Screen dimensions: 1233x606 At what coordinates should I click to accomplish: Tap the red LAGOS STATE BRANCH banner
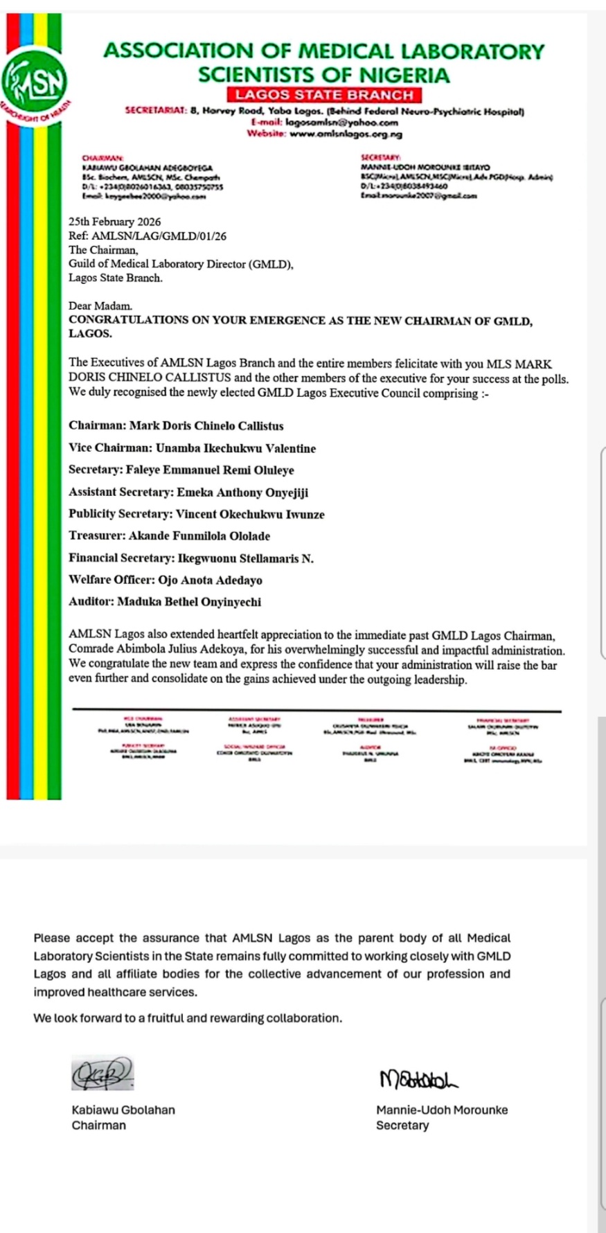pos(323,96)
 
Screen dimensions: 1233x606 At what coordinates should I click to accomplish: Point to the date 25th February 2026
pos(114,222)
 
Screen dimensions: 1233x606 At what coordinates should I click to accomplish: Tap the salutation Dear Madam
pos(100,305)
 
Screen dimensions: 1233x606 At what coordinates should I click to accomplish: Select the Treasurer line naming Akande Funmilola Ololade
pos(170,536)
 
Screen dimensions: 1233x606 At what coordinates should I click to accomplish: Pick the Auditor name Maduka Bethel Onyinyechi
pos(189,602)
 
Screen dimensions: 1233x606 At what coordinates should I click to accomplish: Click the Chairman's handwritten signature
pos(103,1074)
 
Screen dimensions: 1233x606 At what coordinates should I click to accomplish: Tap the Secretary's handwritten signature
pos(418,1078)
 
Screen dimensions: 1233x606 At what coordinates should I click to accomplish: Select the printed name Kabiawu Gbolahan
pos(123,1110)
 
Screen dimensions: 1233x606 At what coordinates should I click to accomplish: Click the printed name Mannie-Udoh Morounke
pos(442,1110)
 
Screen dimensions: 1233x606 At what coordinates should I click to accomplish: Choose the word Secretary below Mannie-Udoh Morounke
pos(402,1126)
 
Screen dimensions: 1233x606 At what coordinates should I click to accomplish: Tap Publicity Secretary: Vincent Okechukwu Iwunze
pos(197,514)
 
